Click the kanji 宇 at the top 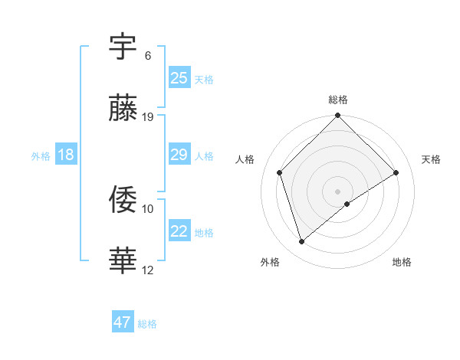coord(124,47)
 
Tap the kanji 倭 coord(124,199)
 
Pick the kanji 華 coord(124,260)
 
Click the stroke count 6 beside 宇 coord(148,56)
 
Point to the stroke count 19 coord(148,116)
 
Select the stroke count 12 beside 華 coord(148,269)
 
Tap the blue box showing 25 coord(179,78)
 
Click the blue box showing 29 coord(179,155)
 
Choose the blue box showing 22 coord(179,231)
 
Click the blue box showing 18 coord(66,155)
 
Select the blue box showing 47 coord(123,322)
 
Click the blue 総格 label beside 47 coord(147,324)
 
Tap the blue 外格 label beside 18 coord(41,156)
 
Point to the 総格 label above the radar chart coord(338,100)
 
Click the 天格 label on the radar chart coord(431,159)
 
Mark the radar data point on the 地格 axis coord(347,204)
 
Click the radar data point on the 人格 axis coord(280,172)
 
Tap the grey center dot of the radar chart coord(338,191)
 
